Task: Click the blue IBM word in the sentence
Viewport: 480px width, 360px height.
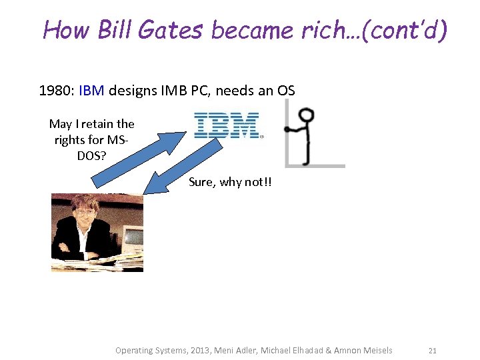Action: click(x=91, y=91)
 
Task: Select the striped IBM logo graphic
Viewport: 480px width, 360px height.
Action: click(x=227, y=125)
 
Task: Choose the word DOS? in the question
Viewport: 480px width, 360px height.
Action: click(x=92, y=157)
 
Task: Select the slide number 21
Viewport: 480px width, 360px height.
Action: click(x=432, y=350)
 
